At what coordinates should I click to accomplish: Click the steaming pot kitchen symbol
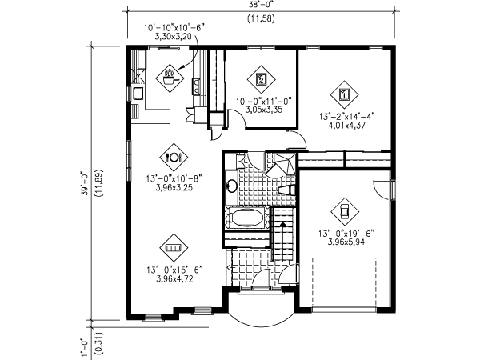[170, 77]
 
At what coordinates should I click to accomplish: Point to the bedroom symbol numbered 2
[262, 78]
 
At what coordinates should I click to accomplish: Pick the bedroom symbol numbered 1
[345, 94]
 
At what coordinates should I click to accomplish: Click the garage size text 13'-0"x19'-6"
[345, 234]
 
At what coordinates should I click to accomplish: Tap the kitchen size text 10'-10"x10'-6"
[174, 27]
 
